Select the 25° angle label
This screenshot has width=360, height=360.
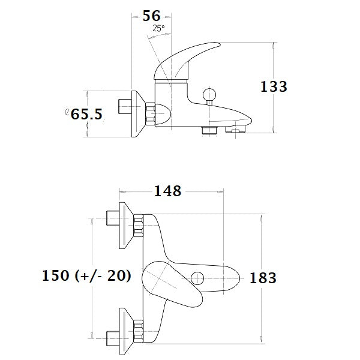pos(158,28)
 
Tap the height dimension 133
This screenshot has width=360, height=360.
pos(274,86)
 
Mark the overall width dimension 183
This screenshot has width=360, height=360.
pos(263,278)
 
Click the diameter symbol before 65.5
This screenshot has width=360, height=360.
pos(67,112)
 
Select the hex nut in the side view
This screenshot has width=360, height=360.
pos(149,113)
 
